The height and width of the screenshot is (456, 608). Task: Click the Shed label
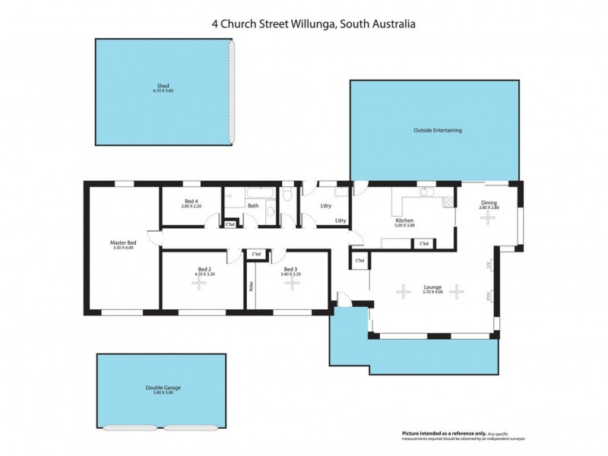(x=163, y=86)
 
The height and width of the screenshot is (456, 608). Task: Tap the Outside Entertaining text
(x=437, y=130)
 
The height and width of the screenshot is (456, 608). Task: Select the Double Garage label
(x=163, y=387)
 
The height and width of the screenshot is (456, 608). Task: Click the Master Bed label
(x=122, y=242)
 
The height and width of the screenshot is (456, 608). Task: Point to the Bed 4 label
(x=191, y=201)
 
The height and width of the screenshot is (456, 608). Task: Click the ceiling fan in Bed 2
(x=199, y=283)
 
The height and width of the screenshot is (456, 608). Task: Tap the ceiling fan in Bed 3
(x=289, y=283)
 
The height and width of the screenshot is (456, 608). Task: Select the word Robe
(x=250, y=287)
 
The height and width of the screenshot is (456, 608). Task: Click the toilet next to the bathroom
(x=287, y=197)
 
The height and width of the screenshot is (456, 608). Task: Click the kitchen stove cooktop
(x=448, y=201)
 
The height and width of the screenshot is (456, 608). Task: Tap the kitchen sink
(x=427, y=192)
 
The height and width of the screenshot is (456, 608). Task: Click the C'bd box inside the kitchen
(x=423, y=244)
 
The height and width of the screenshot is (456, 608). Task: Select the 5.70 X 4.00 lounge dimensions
(x=433, y=293)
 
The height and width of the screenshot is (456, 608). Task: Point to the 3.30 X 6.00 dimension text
(x=122, y=248)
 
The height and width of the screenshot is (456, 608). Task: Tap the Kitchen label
(x=404, y=220)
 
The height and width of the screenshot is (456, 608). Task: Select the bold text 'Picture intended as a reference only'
(x=438, y=433)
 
